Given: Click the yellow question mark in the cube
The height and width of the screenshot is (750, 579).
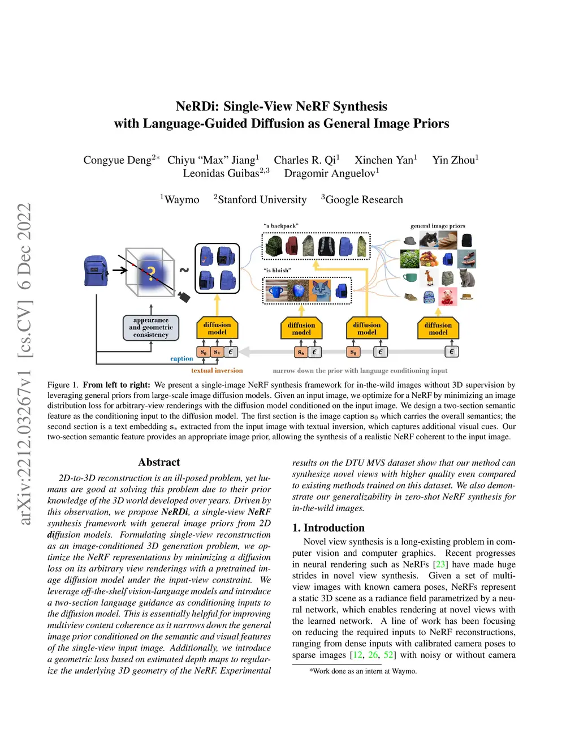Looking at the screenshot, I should [x=151, y=275].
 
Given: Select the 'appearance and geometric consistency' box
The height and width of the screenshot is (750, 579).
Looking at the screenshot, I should [x=151, y=328].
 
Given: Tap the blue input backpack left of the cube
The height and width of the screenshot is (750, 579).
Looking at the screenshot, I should [x=96, y=271].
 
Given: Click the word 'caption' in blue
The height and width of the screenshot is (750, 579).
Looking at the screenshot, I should [x=182, y=358].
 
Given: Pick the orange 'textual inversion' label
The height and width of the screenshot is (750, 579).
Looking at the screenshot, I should [x=217, y=371].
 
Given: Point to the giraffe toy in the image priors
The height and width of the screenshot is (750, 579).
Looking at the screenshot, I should [x=429, y=277].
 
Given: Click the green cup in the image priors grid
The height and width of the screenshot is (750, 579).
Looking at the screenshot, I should [x=410, y=277].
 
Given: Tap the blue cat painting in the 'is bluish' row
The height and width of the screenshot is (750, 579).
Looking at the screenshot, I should [x=321, y=291].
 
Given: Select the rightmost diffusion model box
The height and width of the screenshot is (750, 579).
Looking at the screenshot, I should [x=438, y=328].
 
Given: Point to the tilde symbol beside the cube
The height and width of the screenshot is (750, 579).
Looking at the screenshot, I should [x=184, y=270].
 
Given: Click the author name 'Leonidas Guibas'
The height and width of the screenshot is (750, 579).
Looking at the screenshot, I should [x=221, y=173].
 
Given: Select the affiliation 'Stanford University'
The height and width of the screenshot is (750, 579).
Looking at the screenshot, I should [x=262, y=200].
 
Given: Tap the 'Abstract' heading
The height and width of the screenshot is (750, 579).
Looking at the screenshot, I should [x=159, y=462].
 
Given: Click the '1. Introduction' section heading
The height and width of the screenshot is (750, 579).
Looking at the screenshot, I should [x=329, y=528].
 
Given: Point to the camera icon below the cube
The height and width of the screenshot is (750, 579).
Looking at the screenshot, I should [x=184, y=297].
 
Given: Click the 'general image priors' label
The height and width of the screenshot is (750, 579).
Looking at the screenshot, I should [x=438, y=226].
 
